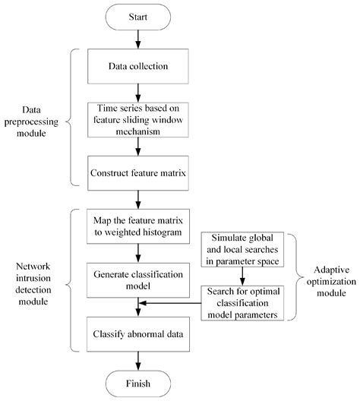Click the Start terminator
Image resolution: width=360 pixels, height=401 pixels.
137,14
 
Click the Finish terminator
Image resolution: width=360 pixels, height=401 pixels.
137,382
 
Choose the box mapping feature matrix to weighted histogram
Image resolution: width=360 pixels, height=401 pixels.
137,225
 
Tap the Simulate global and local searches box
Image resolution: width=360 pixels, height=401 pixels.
242,248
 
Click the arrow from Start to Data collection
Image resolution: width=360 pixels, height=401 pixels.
137,37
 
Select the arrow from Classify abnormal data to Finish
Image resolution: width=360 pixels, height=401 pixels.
137,359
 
